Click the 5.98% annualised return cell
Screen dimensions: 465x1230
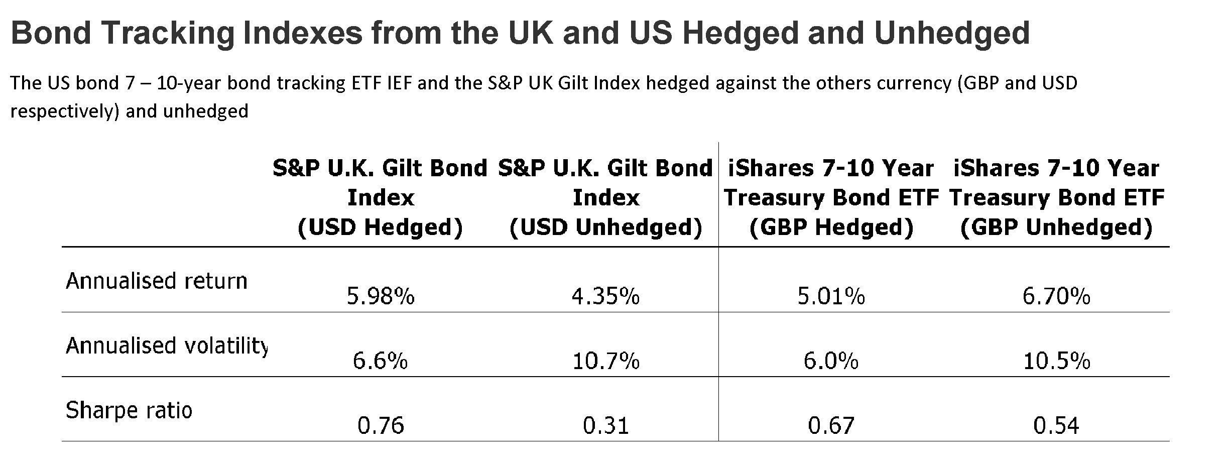381,297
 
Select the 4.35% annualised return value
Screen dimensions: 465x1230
605,297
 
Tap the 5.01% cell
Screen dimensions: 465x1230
831,297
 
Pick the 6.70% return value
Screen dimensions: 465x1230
1056,297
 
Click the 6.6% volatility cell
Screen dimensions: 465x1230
380,362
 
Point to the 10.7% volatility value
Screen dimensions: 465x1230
605,362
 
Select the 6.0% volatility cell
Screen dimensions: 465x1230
831,362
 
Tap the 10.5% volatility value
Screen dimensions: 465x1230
1056,362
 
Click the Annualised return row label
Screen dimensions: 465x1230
157,281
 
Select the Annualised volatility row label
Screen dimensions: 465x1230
166,346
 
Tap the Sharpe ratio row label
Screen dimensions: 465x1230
129,411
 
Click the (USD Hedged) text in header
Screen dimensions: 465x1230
380,227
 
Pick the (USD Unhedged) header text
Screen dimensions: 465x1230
605,227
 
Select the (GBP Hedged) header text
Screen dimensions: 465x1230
831,227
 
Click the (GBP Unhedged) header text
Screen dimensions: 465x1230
1056,227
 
